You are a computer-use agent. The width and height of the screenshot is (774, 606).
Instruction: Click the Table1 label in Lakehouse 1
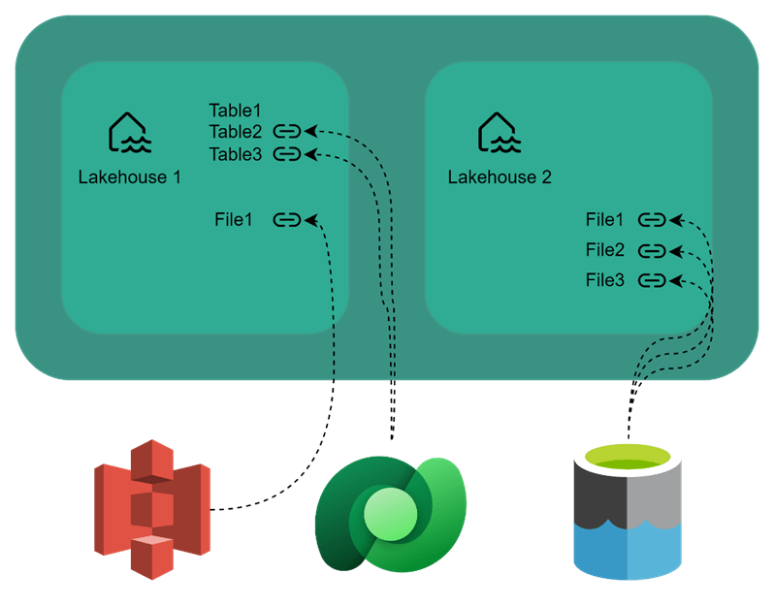tap(236, 111)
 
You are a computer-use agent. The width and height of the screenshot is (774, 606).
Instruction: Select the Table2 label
tap(236, 132)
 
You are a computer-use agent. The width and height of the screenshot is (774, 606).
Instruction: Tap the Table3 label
tap(236, 154)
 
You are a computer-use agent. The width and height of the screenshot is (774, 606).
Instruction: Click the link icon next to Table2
tap(287, 131)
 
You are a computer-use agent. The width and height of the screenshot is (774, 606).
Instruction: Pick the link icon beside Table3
tap(287, 153)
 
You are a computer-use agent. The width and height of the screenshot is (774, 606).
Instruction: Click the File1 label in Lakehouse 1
tap(234, 220)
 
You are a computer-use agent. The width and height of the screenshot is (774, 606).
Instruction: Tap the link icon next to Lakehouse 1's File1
tap(287, 220)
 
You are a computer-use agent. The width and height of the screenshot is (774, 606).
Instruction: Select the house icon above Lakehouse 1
tap(128, 134)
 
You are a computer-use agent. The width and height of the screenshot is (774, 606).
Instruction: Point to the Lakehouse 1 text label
tap(129, 177)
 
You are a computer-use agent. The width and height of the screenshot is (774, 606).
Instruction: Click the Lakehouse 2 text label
tap(500, 177)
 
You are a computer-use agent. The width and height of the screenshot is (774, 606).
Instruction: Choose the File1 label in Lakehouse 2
tap(605, 220)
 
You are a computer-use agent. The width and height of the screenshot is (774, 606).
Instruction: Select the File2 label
tap(605, 250)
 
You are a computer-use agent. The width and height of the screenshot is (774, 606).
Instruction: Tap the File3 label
tap(605, 280)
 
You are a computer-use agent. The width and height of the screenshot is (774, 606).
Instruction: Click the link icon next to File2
tap(653, 250)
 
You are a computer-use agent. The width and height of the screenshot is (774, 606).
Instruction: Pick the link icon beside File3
tap(653, 280)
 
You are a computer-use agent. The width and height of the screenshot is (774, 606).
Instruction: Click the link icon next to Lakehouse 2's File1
tap(653, 220)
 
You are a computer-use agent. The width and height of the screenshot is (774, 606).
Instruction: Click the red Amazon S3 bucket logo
tap(152, 509)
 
